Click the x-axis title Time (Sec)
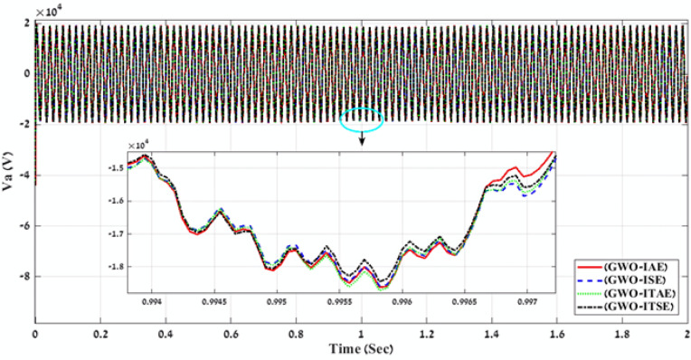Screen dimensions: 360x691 (361, 348)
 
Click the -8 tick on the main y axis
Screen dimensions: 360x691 (24, 277)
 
